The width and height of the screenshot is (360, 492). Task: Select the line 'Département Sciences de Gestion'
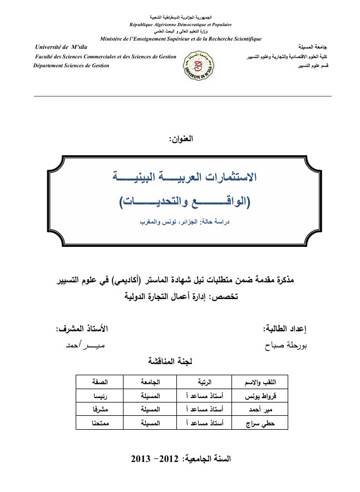pos(72,66)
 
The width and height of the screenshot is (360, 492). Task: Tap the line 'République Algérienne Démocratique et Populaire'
pos(180,25)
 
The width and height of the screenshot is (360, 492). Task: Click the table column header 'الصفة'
pos(100,382)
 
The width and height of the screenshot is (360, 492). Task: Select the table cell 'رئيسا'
pos(100,396)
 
